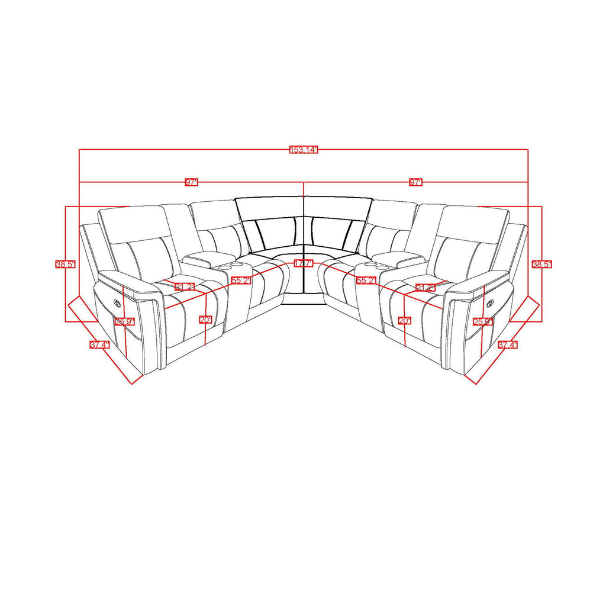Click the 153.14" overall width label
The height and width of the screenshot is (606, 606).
click(304, 150)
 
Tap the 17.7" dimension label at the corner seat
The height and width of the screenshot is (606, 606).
click(303, 263)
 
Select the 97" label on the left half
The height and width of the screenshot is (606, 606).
click(191, 182)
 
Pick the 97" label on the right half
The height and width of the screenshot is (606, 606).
click(416, 182)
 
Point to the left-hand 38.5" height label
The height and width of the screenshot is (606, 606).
click(65, 265)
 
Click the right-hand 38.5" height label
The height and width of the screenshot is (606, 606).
click(541, 265)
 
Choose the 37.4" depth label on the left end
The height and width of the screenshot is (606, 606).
click(99, 346)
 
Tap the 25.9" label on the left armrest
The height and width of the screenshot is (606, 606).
click(125, 322)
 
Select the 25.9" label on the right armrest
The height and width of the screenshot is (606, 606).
click(483, 322)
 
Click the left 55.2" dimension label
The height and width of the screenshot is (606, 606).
click(241, 281)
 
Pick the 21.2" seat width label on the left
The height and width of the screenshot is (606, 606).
click(184, 288)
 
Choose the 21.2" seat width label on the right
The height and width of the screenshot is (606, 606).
click(424, 288)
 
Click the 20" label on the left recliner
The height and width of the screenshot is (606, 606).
click(205, 320)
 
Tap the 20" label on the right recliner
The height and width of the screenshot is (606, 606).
click(404, 320)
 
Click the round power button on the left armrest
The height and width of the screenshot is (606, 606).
click(117, 302)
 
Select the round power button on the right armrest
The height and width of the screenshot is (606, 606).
click(490, 302)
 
